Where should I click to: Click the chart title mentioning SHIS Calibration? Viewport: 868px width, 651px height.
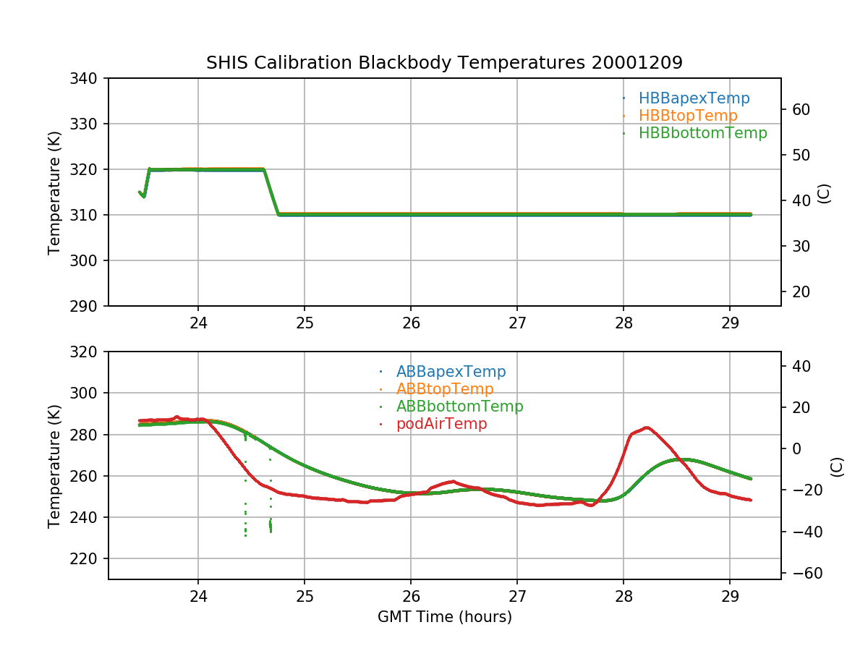[444, 63]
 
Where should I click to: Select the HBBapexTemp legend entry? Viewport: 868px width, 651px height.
[694, 98]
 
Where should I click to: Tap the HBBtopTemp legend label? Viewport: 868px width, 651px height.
[688, 116]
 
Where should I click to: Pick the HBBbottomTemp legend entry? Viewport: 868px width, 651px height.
[702, 133]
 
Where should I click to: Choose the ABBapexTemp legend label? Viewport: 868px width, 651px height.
[451, 372]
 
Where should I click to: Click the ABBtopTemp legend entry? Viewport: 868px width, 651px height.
[445, 389]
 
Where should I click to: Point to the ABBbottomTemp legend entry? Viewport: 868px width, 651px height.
[459, 407]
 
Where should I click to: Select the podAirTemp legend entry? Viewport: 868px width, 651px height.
[441, 424]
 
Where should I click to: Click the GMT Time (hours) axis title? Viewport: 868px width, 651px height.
[444, 617]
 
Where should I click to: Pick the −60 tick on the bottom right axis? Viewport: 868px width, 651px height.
[801, 574]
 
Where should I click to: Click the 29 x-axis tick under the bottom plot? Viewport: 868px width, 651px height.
[729, 595]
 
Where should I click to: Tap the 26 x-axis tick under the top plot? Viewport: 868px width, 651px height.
[411, 322]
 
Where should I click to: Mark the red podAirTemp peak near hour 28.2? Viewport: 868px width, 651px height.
[647, 427]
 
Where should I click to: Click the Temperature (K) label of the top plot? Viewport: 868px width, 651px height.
[54, 192]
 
